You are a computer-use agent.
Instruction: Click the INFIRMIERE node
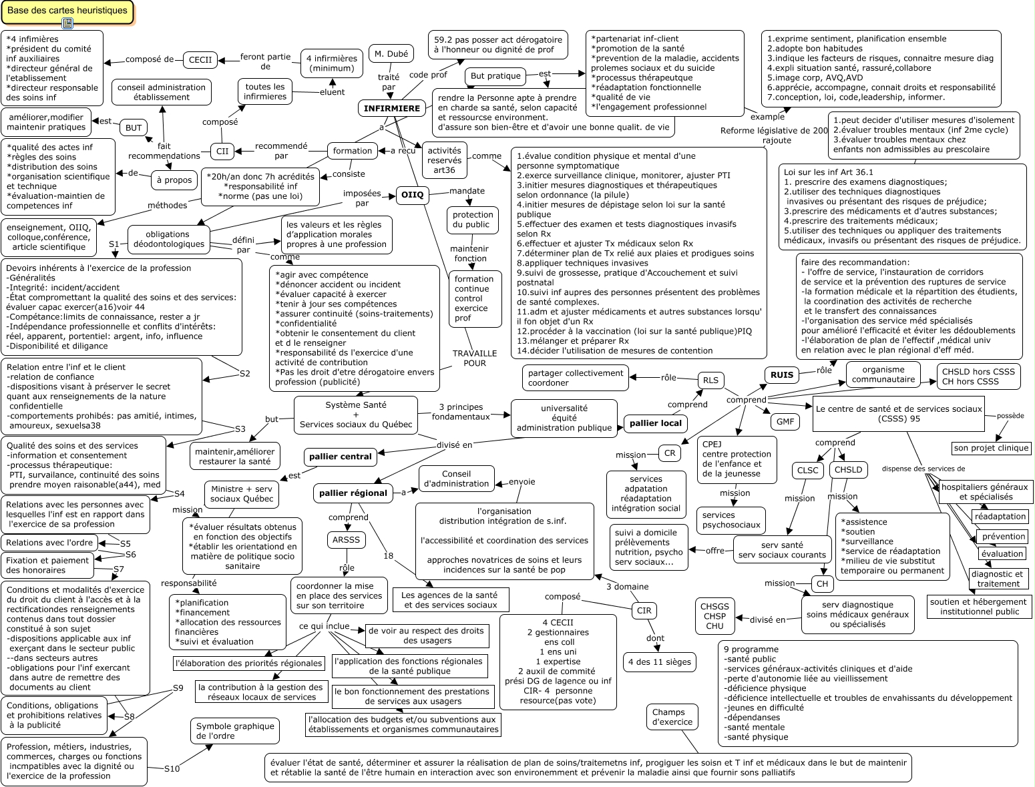tap(392, 108)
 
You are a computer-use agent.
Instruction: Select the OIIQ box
tap(411, 196)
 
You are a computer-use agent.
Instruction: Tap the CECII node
tap(200, 59)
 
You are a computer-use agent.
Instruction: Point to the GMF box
tap(785, 421)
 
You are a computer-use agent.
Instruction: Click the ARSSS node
tap(346, 539)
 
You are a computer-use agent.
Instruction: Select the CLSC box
tap(808, 470)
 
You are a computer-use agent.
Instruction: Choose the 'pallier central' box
tap(341, 457)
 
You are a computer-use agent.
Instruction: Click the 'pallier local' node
tap(656, 423)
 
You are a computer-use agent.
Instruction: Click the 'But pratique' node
tap(495, 76)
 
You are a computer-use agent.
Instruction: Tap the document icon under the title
tap(67, 24)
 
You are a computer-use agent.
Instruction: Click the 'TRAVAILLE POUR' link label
tap(474, 358)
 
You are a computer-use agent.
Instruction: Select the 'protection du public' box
tap(473, 220)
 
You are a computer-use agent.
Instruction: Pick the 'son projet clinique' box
tap(991, 448)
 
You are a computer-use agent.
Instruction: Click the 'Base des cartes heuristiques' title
tap(67, 11)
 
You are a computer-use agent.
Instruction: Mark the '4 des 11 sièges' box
tap(660, 662)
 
